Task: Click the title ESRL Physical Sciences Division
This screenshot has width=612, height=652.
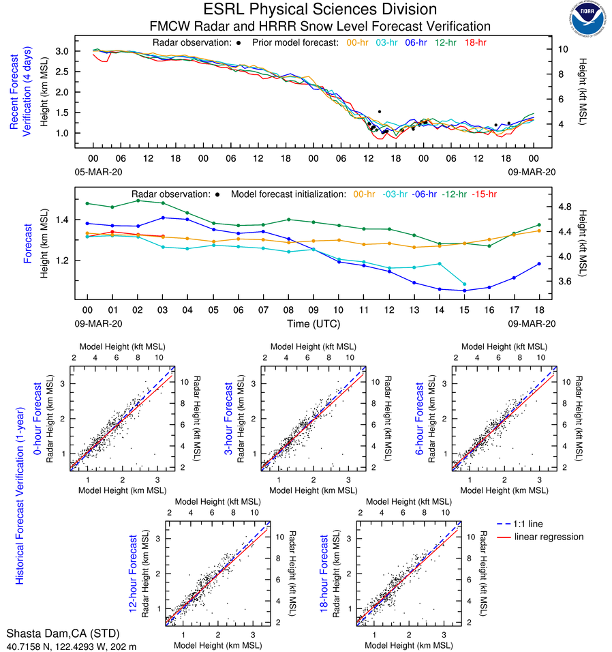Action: (x=320, y=10)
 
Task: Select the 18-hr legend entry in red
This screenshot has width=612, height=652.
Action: (x=475, y=43)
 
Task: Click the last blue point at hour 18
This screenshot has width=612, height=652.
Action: (x=539, y=264)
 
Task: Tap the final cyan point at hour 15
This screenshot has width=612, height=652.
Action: (x=464, y=284)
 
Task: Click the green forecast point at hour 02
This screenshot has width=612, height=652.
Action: (x=138, y=201)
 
